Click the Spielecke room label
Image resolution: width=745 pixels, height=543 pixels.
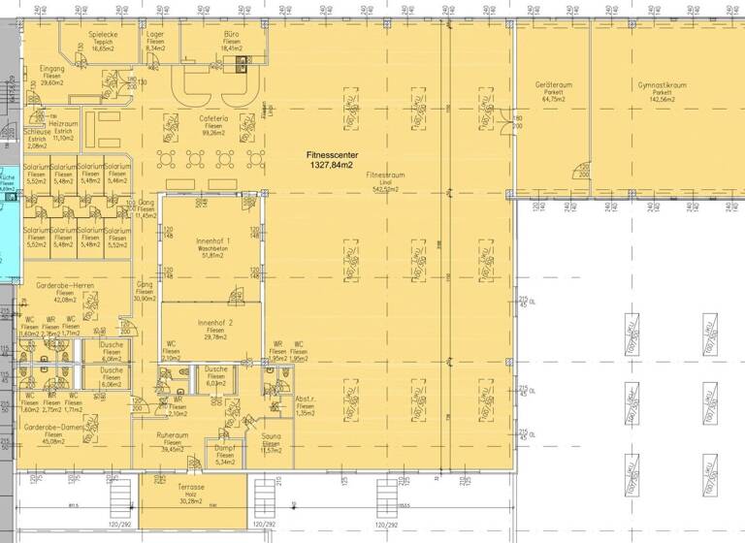(x=103, y=34)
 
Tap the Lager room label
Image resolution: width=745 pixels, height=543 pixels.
(x=155, y=34)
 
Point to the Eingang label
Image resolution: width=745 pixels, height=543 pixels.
(x=51, y=69)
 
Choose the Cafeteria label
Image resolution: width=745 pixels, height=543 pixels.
(x=213, y=118)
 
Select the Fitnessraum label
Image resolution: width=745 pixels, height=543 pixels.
(x=385, y=176)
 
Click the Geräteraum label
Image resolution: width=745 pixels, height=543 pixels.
(x=553, y=84)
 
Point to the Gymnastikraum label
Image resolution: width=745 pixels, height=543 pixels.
(x=662, y=84)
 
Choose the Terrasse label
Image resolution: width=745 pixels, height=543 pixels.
(x=190, y=487)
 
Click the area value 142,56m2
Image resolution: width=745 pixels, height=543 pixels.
(x=662, y=99)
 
